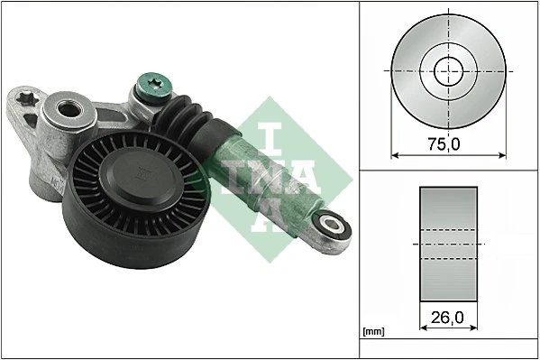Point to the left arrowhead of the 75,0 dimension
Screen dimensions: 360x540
click(x=394, y=154)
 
